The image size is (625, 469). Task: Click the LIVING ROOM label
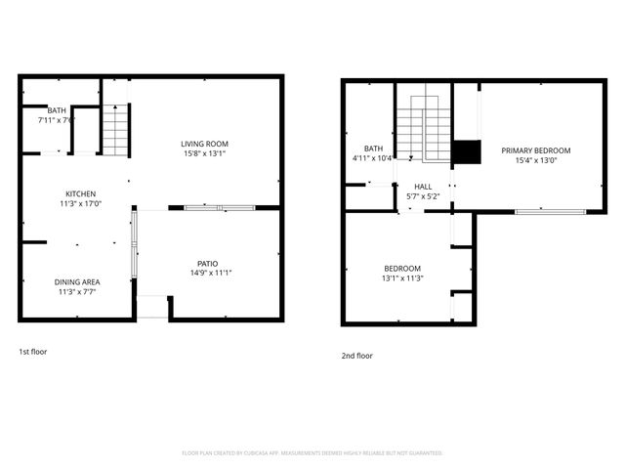point(204,144)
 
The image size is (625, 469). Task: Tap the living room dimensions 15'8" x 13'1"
point(204,153)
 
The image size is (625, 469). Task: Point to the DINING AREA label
point(78,281)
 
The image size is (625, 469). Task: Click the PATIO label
point(207,263)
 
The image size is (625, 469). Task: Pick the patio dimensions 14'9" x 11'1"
point(207,273)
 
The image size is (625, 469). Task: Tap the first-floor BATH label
point(57,110)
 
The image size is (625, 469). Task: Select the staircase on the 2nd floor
point(423,127)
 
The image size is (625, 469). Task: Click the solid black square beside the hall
point(467,152)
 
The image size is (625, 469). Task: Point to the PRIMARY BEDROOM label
point(535,150)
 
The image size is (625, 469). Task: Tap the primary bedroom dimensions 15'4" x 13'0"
point(535,160)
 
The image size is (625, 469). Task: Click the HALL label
point(423,187)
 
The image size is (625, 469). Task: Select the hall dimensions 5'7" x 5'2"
point(423,196)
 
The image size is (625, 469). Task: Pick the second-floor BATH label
point(373,149)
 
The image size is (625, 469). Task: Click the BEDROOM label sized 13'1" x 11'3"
point(401,269)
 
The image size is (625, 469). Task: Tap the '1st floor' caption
point(33,351)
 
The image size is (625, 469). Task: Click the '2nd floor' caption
point(357,356)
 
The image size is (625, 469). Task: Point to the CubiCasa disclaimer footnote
point(312,453)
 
